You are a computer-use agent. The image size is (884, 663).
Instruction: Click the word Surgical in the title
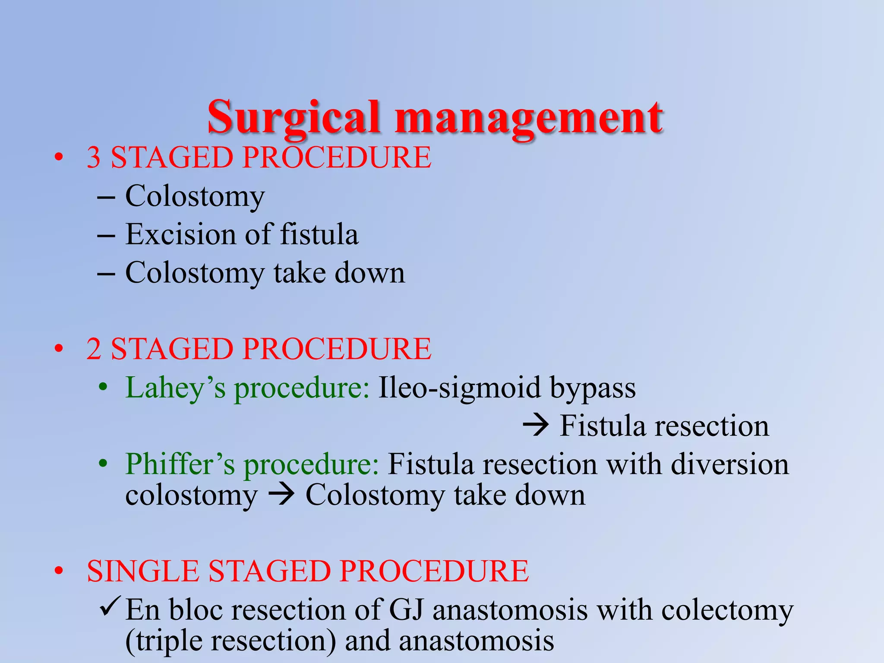coord(294,117)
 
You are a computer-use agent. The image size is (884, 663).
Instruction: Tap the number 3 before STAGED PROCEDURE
coord(94,158)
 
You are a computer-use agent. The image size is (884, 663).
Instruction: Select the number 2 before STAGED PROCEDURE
coord(94,349)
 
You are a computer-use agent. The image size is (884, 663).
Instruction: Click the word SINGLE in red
coord(143,571)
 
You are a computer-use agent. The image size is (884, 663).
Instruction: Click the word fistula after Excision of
coord(319,235)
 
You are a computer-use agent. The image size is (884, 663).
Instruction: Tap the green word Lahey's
coord(175,387)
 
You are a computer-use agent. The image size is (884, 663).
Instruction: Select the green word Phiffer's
coord(180,464)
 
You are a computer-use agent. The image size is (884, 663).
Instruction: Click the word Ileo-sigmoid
coord(459,387)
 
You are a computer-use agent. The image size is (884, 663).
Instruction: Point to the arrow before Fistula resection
coord(536,426)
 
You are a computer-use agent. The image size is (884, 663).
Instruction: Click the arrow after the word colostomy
coord(281,495)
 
